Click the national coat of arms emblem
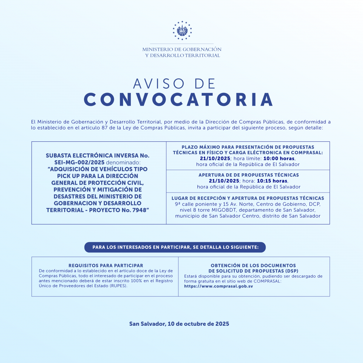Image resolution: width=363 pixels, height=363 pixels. coord(182,30)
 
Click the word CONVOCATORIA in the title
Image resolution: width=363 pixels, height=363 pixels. coord(178,99)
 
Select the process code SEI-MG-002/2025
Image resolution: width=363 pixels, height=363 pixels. coord(80,162)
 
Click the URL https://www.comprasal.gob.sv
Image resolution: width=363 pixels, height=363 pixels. coord(218,286)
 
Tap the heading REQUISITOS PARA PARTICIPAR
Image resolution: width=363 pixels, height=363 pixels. coord(106,265)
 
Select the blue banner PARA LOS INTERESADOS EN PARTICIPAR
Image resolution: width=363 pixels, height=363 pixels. coord(175,247)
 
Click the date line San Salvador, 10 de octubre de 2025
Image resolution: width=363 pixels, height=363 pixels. coord(179,324)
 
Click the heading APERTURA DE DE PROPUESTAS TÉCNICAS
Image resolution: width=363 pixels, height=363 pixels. coord(248,175)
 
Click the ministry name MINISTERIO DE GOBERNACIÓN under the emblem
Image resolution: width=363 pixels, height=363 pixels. coord(182,49)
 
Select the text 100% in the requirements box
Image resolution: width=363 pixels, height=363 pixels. coord(142,280)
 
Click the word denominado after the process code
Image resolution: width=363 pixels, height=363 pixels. coord(122,162)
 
